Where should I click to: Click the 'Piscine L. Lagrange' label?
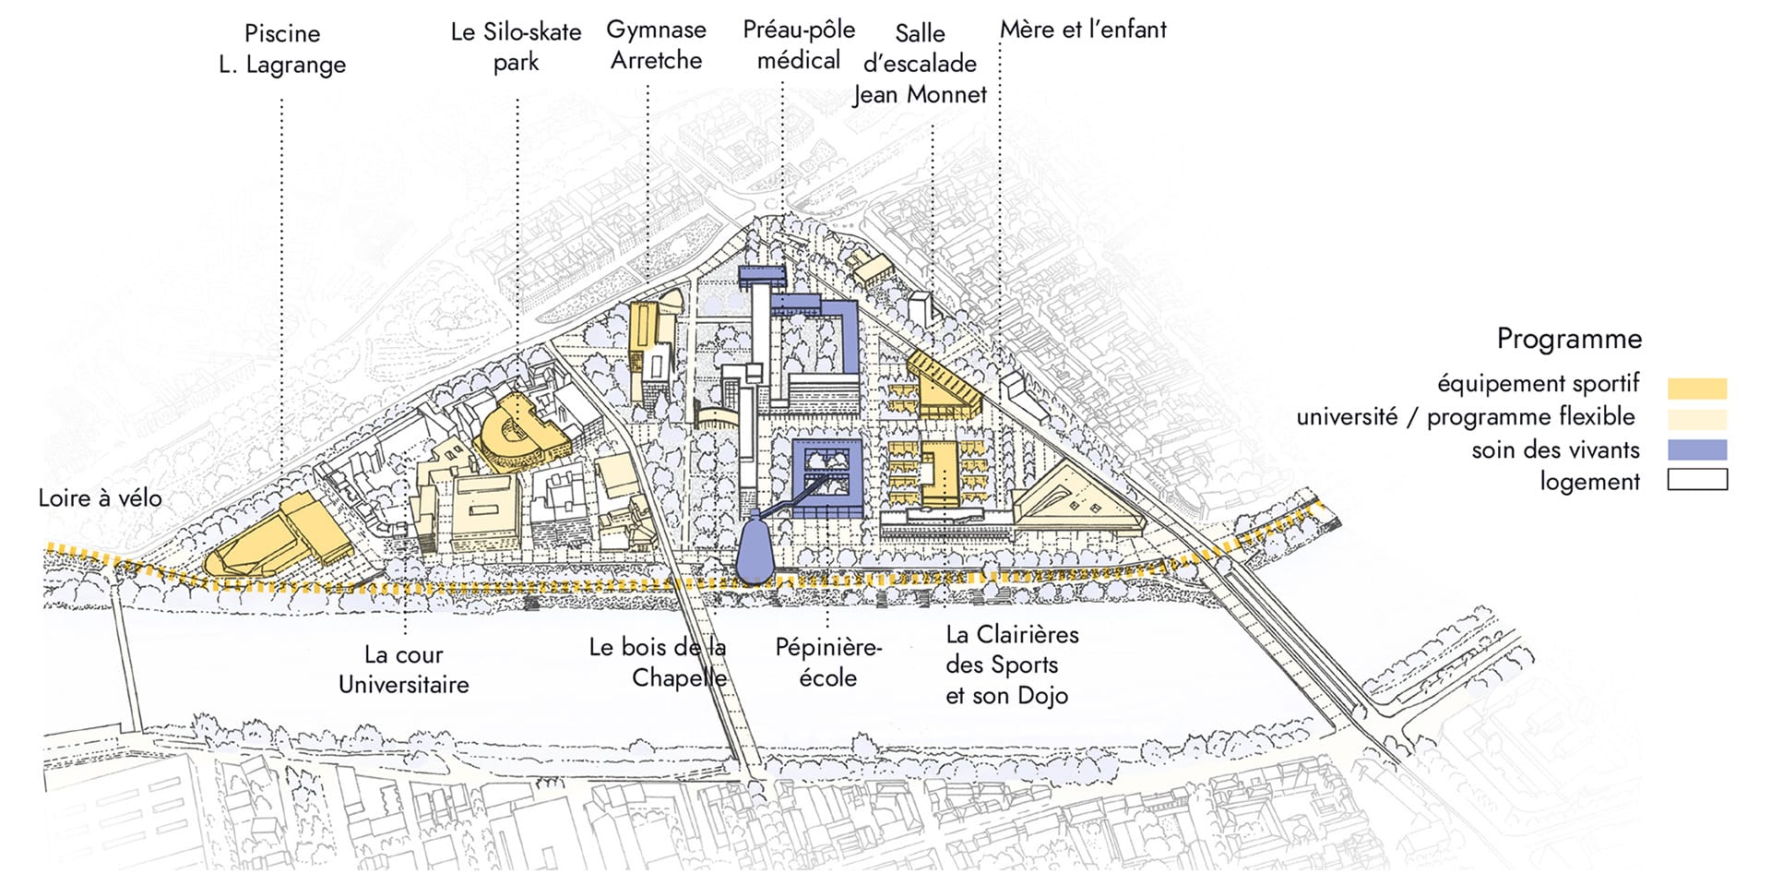point(282,49)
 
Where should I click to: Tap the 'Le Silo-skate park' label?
point(516,47)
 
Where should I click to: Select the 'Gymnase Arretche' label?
point(656,45)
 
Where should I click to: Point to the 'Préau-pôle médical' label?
point(799,45)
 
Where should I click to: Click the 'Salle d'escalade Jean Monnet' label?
point(920,64)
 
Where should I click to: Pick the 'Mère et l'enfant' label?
point(1083,30)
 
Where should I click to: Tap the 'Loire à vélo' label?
point(100,498)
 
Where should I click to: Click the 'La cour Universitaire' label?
point(403,669)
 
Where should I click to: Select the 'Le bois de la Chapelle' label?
point(658,662)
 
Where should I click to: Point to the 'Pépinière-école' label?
point(827,662)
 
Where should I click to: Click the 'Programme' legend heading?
point(1569,339)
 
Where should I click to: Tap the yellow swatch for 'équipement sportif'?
point(1697,388)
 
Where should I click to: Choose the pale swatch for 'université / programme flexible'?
point(1697,419)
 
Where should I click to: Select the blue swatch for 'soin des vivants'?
point(1697,450)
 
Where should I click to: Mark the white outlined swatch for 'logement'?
point(1697,481)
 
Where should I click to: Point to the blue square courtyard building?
point(826,478)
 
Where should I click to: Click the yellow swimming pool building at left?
point(277,545)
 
